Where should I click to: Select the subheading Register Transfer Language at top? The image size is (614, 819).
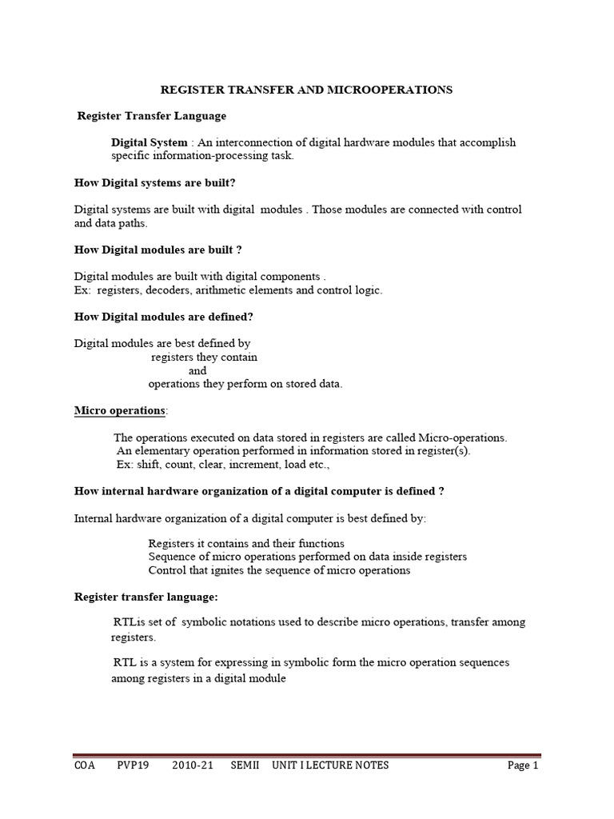click(x=151, y=116)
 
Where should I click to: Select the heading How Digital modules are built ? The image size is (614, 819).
click(x=157, y=250)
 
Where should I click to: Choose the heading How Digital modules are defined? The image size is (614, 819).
click(x=163, y=317)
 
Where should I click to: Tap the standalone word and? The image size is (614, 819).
click(x=197, y=370)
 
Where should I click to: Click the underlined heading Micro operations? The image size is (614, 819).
click(x=120, y=410)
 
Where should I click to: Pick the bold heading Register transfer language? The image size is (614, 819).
click(x=146, y=597)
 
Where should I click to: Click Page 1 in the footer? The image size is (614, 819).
click(x=523, y=765)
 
